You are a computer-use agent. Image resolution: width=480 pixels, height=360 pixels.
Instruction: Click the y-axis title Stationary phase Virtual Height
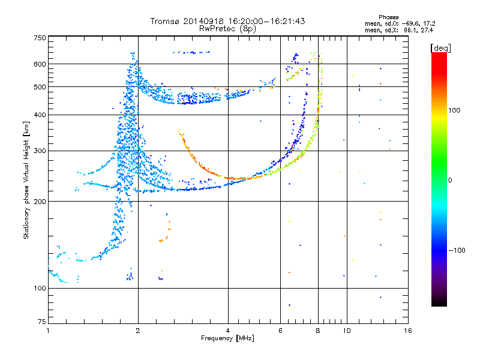(26, 180)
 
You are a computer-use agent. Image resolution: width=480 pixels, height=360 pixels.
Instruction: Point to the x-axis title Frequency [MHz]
(227, 338)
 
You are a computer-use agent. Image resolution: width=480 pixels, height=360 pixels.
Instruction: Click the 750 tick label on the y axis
(40, 38)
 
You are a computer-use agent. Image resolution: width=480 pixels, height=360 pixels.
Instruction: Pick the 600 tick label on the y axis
(40, 64)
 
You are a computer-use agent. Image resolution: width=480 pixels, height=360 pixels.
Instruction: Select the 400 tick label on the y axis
(40, 115)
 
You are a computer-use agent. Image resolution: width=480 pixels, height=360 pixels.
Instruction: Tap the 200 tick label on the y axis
(40, 201)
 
